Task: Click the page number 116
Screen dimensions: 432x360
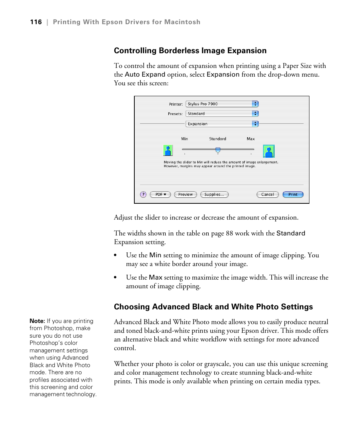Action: click(36, 22)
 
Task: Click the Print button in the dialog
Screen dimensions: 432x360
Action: click(293, 195)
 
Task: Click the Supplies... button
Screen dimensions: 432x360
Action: click(214, 195)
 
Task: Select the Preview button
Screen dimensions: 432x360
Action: click(186, 195)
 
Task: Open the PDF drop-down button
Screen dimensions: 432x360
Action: click(160, 195)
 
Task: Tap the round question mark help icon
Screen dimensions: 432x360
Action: click(143, 195)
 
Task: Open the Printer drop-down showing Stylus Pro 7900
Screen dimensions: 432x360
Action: click(222, 104)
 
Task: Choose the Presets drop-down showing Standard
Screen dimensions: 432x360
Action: click(222, 114)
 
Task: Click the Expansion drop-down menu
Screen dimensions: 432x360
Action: click(222, 124)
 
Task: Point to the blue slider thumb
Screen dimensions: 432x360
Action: click(218, 150)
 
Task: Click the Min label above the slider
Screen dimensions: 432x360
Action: click(185, 139)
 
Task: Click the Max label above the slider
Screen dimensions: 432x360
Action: click(251, 139)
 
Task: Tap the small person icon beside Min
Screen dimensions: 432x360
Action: click(168, 151)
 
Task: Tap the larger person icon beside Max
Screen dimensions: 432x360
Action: click(269, 151)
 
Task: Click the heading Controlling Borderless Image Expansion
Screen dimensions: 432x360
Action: click(190, 51)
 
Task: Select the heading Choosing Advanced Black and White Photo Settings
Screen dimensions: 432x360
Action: click(213, 307)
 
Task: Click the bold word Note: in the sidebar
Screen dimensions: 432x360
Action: click(37, 321)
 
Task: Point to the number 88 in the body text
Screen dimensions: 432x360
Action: click(229, 233)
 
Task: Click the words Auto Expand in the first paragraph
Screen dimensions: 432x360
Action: click(145, 74)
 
